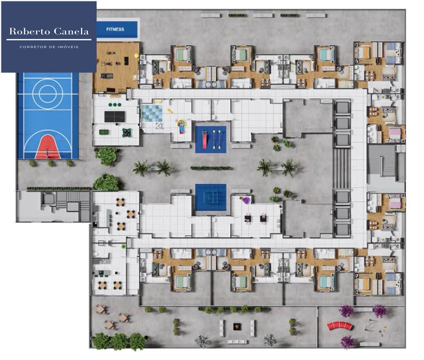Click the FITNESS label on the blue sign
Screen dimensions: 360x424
click(115, 30)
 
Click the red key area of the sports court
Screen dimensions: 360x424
click(48, 146)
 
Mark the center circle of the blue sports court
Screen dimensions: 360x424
click(48, 92)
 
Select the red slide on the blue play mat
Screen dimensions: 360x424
click(204, 138)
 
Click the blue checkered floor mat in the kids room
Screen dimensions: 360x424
click(152, 113)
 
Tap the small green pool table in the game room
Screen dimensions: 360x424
click(103, 132)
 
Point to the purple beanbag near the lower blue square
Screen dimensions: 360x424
click(245, 201)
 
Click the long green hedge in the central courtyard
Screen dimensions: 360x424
click(211, 168)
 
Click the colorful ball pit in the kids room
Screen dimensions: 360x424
click(182, 126)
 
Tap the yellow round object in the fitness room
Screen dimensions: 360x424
click(136, 55)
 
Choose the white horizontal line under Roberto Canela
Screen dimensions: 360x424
click(49, 40)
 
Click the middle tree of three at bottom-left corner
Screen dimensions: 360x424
click(120, 341)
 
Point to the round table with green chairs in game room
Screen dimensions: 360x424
click(127, 133)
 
